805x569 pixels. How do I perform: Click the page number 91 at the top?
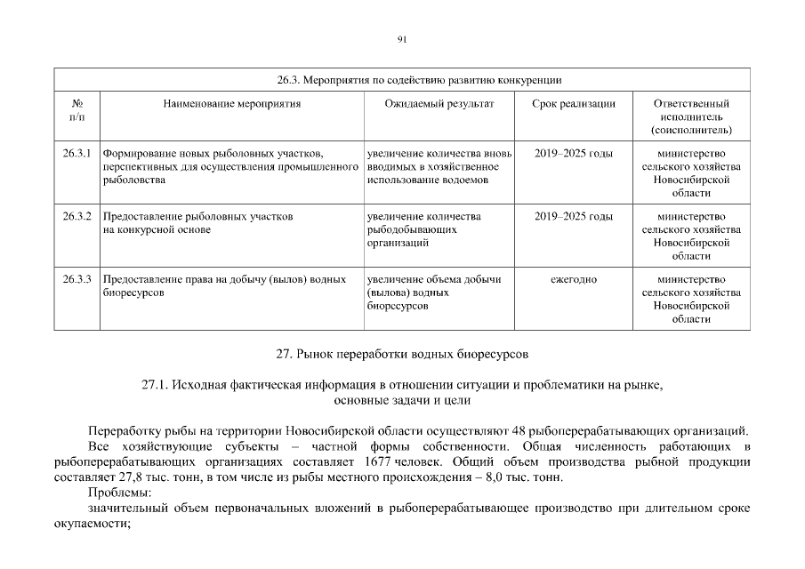click(402, 38)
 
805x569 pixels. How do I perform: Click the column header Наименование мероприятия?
click(232, 104)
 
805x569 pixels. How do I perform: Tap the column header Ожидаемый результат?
click(439, 104)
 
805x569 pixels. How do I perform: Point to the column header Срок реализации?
click(573, 104)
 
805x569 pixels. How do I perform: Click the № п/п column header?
click(76, 110)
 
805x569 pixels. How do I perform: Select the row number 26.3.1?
click(77, 154)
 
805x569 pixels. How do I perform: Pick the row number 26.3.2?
click(77, 216)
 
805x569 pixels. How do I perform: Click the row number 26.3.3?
click(77, 279)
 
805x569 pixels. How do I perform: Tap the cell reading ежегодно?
click(573, 279)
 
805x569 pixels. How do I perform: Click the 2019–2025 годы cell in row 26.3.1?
click(573, 154)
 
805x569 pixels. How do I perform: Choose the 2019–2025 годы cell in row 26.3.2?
click(573, 216)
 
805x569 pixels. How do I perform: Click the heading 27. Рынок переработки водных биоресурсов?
click(402, 354)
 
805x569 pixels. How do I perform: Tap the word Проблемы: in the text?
click(120, 493)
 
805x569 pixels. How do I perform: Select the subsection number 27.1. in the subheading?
click(155, 385)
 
